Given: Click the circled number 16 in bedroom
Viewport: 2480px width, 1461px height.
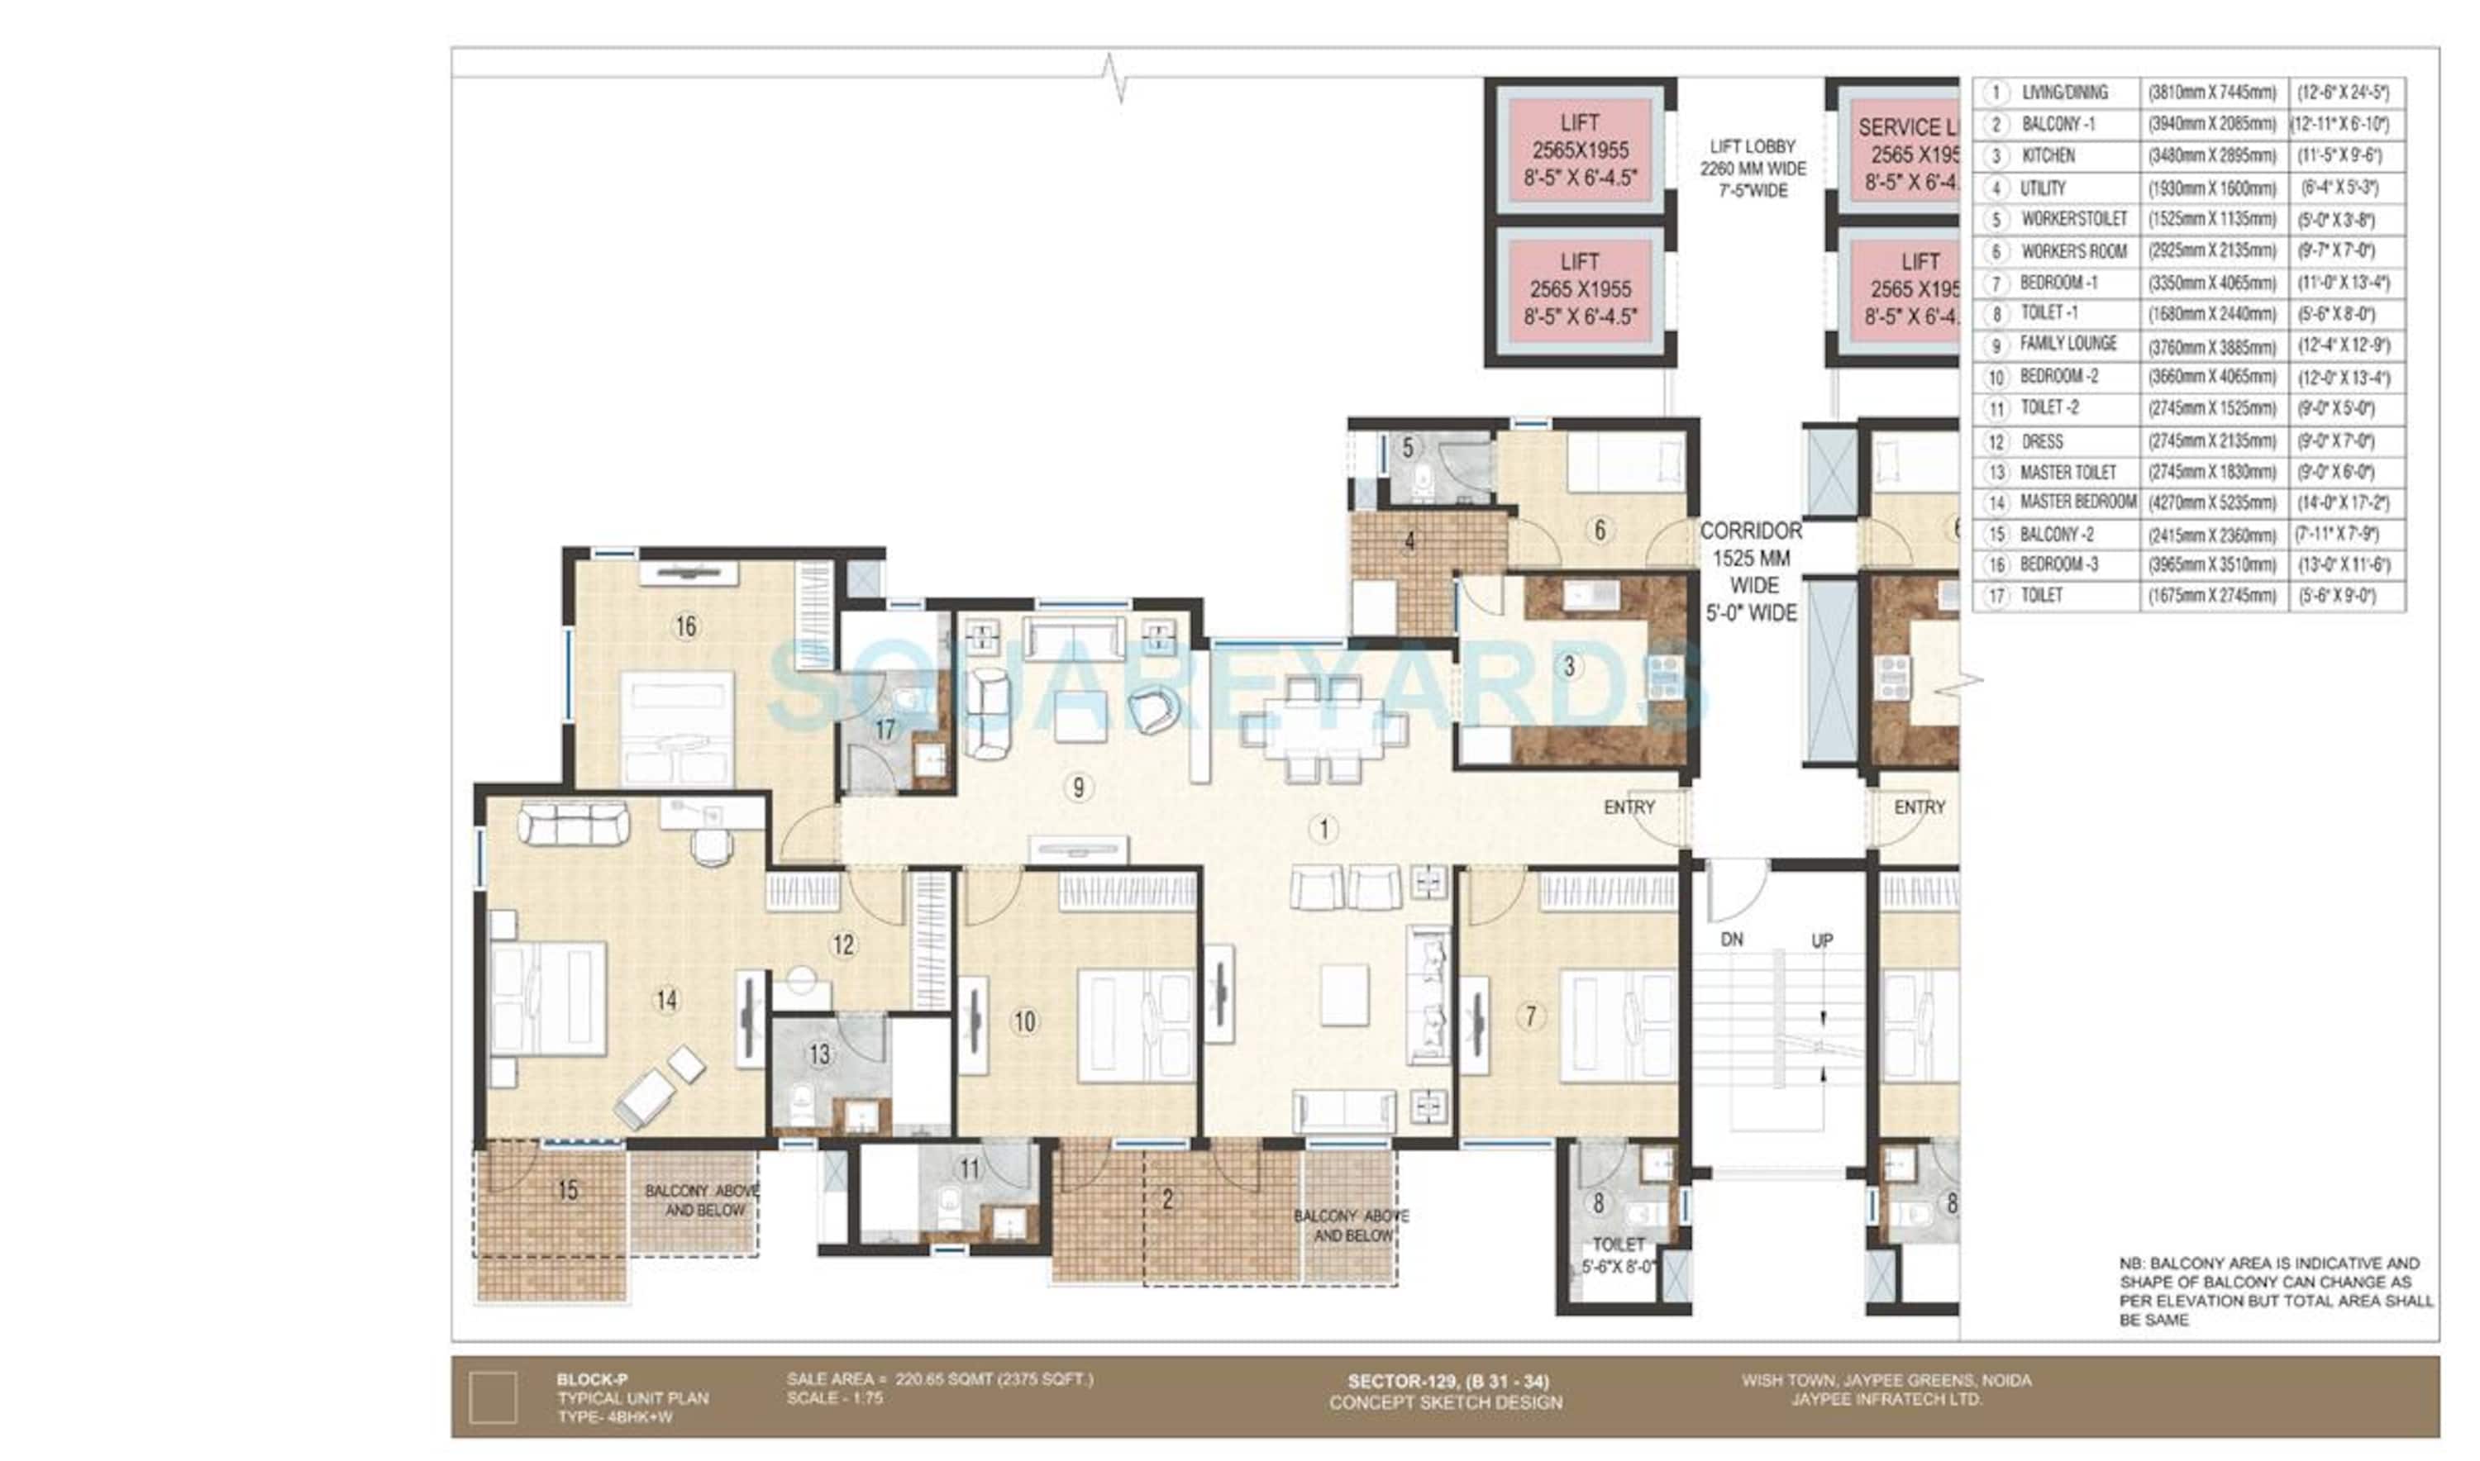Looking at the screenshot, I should tap(685, 626).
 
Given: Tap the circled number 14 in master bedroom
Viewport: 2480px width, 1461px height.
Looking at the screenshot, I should tap(667, 1000).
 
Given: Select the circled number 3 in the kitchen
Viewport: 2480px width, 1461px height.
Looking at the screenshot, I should tap(1569, 667).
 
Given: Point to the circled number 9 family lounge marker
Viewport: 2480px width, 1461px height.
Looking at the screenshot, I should tap(1079, 787).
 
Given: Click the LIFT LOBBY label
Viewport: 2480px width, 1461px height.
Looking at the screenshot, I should tap(1753, 145).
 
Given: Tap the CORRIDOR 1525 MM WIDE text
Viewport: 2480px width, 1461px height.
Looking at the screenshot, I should tap(1750, 557).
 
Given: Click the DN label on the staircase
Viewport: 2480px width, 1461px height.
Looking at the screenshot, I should tap(1732, 940).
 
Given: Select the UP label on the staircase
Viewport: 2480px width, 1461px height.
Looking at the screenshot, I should tap(1822, 940).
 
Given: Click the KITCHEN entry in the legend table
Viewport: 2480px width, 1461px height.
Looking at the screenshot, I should tap(2048, 155).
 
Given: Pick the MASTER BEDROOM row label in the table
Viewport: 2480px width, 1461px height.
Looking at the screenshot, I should tap(2077, 502).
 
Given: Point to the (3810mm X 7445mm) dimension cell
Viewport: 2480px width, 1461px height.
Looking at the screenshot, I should tap(2212, 93).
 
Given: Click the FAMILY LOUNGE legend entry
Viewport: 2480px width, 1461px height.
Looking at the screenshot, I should tap(2067, 344).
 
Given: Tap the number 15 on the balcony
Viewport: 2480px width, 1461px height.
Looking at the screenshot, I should tap(568, 1190).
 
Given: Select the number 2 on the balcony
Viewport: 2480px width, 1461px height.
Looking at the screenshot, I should tap(1167, 1199).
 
